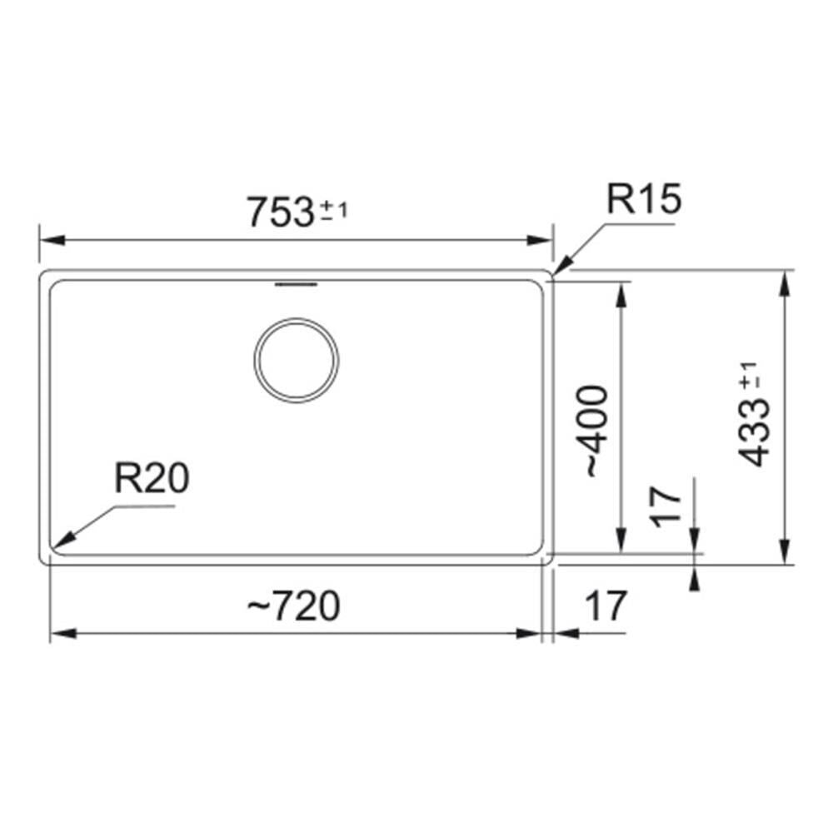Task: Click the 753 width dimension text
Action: [x=282, y=212]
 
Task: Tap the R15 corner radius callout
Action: [x=644, y=199]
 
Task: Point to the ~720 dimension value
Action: [x=293, y=606]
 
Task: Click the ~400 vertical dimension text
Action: [x=595, y=431]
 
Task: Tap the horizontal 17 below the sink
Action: [x=606, y=606]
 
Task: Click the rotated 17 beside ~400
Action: [x=665, y=506]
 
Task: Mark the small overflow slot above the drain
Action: [x=296, y=285]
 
